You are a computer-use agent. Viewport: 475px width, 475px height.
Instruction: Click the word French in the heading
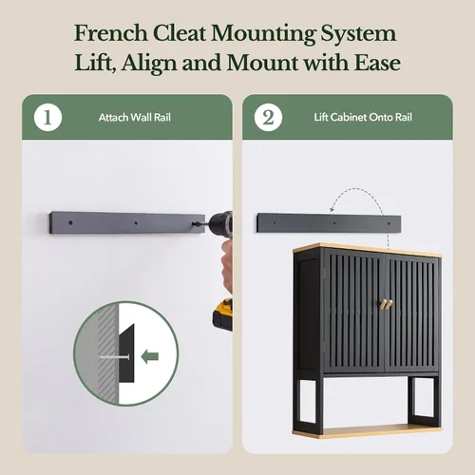click(111, 33)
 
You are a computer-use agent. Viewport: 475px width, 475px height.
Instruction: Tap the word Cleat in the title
click(180, 33)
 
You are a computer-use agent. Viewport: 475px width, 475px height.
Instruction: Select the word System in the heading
click(358, 33)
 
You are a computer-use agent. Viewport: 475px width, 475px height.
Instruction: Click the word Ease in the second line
click(377, 63)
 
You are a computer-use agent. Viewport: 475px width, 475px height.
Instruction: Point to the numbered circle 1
click(47, 118)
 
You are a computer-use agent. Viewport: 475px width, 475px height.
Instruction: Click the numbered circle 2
click(268, 118)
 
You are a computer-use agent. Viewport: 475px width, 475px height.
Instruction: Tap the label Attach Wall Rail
click(135, 118)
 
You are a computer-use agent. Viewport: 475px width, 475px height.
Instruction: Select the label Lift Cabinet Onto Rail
click(363, 118)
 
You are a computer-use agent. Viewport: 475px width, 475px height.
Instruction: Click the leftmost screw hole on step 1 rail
click(70, 222)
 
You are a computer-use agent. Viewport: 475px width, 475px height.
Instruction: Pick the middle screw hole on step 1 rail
click(136, 223)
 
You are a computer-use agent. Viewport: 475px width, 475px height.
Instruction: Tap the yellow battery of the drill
click(222, 314)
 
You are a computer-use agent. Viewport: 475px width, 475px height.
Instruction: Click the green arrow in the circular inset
click(150, 356)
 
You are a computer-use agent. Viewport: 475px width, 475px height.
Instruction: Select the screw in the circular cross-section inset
click(114, 357)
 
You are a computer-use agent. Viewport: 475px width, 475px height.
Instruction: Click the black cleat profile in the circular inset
click(126, 352)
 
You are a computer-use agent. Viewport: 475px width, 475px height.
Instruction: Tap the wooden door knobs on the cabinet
click(386, 304)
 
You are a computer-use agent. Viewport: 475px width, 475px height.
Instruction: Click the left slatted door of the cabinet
click(354, 312)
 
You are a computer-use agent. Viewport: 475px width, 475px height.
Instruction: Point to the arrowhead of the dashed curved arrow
click(332, 209)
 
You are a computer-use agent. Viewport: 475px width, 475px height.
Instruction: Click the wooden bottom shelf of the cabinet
click(368, 431)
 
